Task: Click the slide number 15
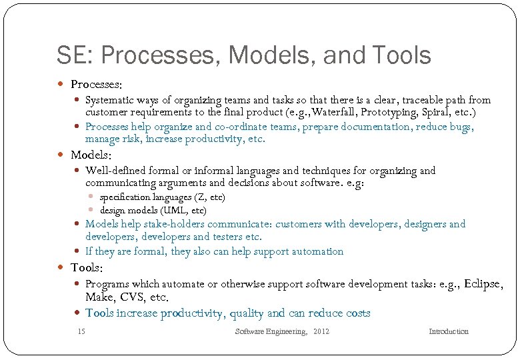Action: pyautogui.click(x=81, y=331)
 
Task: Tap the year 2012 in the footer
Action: pyautogui.click(x=321, y=331)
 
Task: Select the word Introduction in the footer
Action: pyautogui.click(x=448, y=331)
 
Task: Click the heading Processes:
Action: pyautogui.click(x=96, y=85)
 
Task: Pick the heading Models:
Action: pyautogui.click(x=90, y=155)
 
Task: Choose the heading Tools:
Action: pyautogui.click(x=87, y=267)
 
